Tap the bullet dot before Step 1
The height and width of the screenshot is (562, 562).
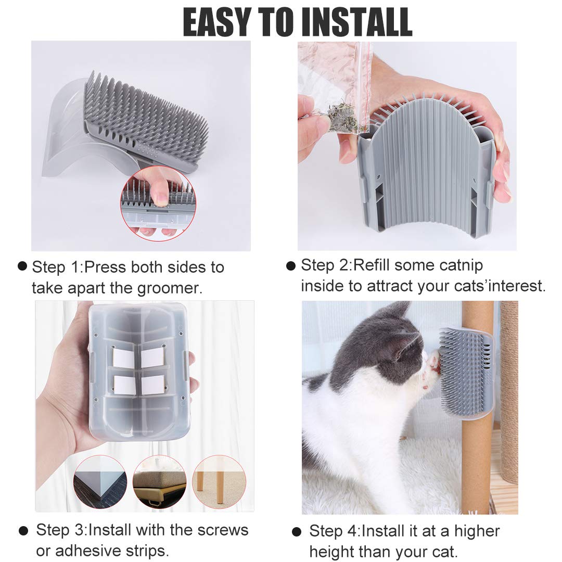[22, 266]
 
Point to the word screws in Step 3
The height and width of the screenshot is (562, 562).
[223, 530]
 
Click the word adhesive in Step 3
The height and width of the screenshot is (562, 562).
[88, 550]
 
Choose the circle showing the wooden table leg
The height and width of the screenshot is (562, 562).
[219, 482]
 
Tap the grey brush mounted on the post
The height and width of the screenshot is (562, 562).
[464, 369]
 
